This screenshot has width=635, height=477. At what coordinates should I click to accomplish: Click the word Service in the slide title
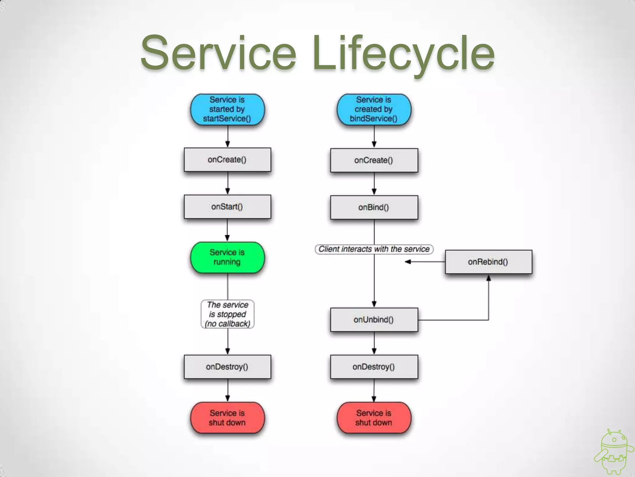pos(218,53)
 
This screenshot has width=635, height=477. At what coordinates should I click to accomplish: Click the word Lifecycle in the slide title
pos(403,53)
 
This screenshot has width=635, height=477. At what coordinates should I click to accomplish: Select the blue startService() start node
pos(227,109)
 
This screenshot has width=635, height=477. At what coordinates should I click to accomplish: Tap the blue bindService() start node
pos(374,109)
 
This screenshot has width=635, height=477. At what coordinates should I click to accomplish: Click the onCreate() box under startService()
pos(227,160)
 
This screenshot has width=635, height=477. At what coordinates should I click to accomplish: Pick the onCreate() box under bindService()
pos(374,160)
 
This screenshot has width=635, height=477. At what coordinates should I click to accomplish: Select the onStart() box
pos(227,207)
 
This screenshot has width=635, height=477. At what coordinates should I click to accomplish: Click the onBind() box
pos(374,207)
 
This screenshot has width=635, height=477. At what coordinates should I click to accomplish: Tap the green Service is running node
pos(227,257)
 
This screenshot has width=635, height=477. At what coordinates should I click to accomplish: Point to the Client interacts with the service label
pos(374,249)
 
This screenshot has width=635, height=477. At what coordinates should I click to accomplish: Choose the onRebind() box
pos(488,262)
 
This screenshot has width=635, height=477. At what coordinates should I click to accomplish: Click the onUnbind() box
pos(374,320)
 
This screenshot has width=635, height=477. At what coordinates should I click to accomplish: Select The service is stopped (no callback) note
pos(227,314)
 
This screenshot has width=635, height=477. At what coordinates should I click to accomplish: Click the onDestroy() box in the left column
pos(227,367)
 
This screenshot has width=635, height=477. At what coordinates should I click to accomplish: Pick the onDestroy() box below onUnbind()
pos(374,367)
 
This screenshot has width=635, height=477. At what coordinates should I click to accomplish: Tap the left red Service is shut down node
pos(227,418)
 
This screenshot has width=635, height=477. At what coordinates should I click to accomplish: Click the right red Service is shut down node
pos(374,418)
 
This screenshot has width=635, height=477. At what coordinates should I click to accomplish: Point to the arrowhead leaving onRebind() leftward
pos(408,262)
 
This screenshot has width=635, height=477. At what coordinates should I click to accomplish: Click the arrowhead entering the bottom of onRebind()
pos(489,278)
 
